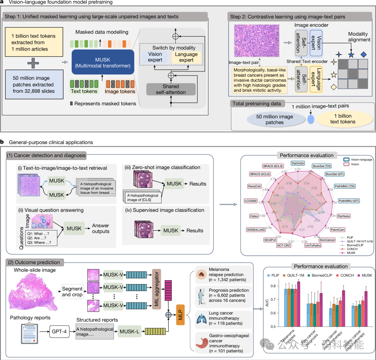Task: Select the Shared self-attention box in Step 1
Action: pyautogui.click(x=171, y=89)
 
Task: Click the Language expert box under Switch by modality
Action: pyautogui.click(x=187, y=57)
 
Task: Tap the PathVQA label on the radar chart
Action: pyautogui.click(x=298, y=163)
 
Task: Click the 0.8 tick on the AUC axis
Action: pyautogui.click(x=278, y=286)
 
